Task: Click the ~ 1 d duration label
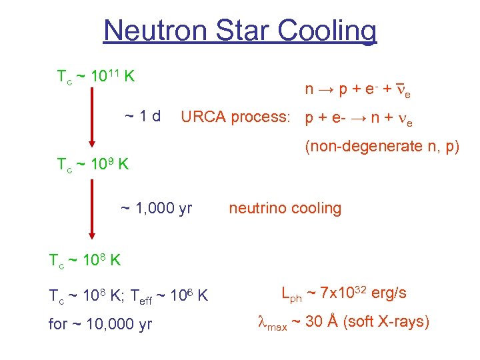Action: click(142, 117)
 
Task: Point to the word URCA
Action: click(203, 117)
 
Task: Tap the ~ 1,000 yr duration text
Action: click(156, 209)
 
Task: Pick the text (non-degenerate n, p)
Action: click(382, 147)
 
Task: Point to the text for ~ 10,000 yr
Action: click(100, 325)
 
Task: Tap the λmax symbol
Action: click(272, 323)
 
